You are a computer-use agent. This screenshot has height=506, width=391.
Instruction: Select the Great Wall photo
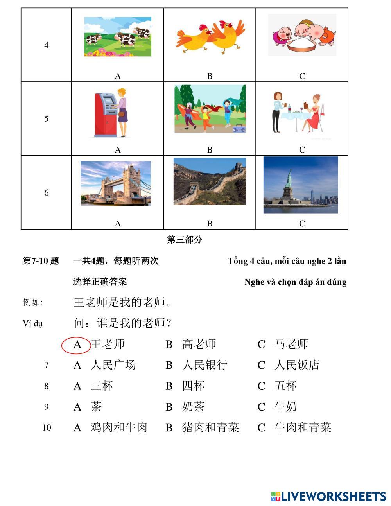click(210, 181)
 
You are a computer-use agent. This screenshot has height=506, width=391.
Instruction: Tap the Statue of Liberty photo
click(301, 185)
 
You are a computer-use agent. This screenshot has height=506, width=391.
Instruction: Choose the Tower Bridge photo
click(115, 184)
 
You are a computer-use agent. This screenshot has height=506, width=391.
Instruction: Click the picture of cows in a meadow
click(118, 37)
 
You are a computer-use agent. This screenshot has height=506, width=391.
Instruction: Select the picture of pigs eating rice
click(302, 35)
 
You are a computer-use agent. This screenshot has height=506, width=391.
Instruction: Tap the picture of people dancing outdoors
click(210, 109)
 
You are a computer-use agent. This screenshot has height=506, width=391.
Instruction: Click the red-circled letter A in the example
click(77, 345)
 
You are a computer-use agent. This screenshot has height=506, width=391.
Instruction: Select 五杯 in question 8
click(285, 386)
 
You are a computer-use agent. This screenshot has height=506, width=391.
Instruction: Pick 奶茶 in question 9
click(193, 407)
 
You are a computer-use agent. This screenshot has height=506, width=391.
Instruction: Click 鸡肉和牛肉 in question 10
click(119, 427)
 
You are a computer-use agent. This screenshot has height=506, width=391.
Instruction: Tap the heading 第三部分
click(185, 240)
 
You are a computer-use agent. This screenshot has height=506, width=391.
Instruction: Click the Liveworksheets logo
click(328, 496)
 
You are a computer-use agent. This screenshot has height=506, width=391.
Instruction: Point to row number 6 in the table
click(46, 192)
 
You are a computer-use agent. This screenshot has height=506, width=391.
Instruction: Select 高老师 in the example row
click(199, 345)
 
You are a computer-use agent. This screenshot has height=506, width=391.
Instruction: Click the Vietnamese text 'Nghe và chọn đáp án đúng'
click(295, 282)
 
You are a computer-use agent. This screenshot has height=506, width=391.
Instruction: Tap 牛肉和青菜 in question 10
click(303, 427)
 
